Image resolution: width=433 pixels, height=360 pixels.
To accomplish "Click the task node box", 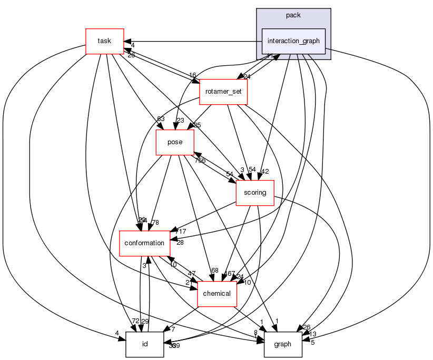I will tap(104, 41).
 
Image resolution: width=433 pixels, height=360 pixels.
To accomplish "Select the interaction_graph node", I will tap(293, 41).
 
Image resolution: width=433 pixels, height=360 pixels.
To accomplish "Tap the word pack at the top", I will tap(293, 15).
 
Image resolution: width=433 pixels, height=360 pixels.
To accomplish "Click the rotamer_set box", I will tap(223, 91).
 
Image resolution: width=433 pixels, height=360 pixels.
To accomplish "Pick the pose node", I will tap(175, 142).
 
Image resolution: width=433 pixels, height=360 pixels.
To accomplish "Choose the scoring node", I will tap(255, 193).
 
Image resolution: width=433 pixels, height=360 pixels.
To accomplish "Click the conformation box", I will tap(145, 243).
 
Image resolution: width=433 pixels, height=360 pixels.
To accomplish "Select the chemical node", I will tap(216, 293).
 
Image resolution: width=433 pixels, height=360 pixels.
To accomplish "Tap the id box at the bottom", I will tap(144, 344).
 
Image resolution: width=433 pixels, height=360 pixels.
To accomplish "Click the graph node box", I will tap(283, 344).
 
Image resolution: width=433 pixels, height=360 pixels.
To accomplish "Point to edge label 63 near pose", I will tap(161, 119).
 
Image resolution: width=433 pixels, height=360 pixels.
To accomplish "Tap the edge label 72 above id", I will tap(135, 321).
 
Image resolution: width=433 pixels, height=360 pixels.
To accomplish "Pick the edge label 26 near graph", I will tap(307, 327).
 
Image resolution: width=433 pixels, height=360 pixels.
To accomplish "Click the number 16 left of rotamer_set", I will tap(193, 75).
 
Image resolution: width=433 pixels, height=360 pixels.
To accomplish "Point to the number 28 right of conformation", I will tap(180, 243).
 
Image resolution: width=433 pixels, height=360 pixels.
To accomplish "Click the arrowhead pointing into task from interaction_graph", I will tap(127, 41).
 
